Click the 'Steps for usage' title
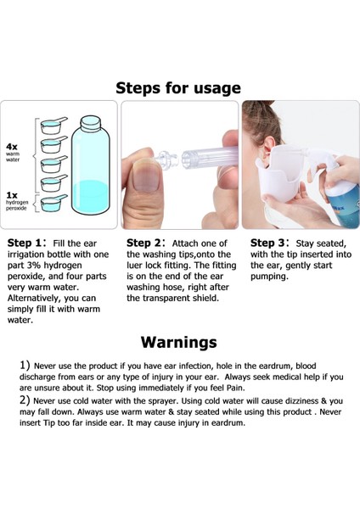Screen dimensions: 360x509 178,88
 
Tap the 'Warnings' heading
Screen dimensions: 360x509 178,342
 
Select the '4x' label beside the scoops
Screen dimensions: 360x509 12,147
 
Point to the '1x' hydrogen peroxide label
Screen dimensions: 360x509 12,195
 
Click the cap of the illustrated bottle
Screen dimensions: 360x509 90,124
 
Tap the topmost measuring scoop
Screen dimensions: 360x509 53,126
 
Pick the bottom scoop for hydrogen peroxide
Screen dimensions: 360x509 53,204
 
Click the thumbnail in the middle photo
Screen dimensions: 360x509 146,175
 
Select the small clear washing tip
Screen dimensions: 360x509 166,159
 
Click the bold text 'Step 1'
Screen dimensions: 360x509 25,243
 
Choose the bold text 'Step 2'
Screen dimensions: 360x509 143,243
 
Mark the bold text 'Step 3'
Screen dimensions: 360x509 267,243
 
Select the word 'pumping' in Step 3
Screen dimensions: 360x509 268,277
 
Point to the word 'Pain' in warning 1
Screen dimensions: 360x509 235,388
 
